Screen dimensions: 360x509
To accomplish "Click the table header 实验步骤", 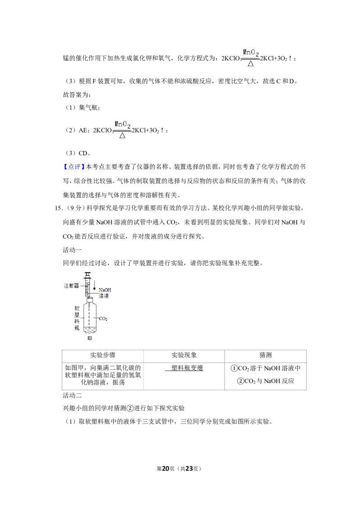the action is [x=103, y=355].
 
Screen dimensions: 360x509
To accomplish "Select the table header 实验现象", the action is [x=184, y=355].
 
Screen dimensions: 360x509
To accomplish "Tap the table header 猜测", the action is [x=265, y=355].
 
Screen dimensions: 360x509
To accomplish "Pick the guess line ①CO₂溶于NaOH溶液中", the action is [x=265, y=368].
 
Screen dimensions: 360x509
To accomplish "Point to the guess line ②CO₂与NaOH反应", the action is [x=265, y=381].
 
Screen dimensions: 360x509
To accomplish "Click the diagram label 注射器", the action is [x=71, y=286].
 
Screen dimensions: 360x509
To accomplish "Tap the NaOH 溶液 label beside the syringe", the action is [x=104, y=293].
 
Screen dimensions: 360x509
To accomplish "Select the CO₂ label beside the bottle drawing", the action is [x=103, y=319].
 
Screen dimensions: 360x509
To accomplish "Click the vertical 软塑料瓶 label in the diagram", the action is [x=76, y=318].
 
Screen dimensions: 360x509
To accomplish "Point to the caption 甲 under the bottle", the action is [x=90, y=338].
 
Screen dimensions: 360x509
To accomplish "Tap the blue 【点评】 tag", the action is [x=74, y=167].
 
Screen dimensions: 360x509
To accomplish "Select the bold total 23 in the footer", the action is [x=189, y=469].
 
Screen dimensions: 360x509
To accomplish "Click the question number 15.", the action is [x=58, y=208].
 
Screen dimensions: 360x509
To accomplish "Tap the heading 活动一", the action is [x=72, y=250].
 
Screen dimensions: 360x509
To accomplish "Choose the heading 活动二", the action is [x=72, y=395].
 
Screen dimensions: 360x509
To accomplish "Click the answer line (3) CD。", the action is [x=78, y=153].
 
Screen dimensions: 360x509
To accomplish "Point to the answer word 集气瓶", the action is [x=88, y=107].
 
